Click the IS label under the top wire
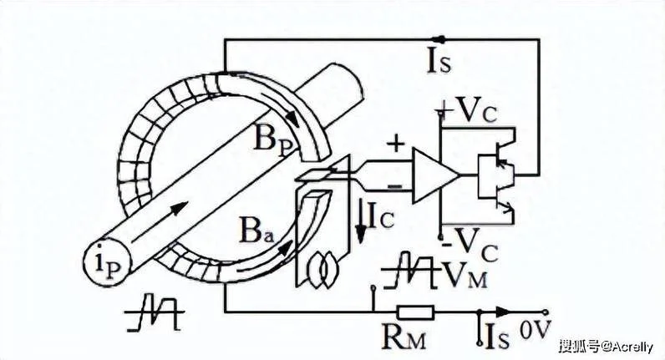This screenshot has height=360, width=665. click(x=439, y=62)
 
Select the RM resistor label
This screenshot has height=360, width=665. click(x=404, y=337)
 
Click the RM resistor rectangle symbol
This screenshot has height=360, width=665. click(x=416, y=312)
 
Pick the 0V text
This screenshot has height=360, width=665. click(x=536, y=329)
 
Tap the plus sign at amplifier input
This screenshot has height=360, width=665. click(x=396, y=145)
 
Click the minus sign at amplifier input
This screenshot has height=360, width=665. click(x=395, y=185)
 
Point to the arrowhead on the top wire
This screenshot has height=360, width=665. click(x=441, y=39)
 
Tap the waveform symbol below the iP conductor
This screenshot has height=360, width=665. click(x=155, y=312)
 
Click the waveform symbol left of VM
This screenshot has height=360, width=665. click(x=410, y=270)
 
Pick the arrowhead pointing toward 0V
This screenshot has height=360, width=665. click(x=503, y=312)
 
